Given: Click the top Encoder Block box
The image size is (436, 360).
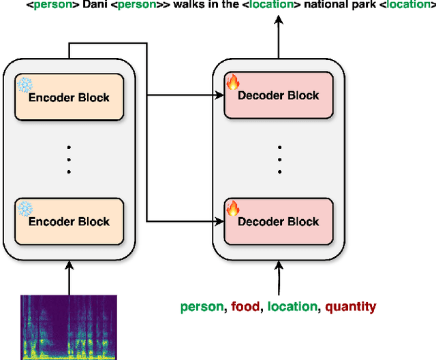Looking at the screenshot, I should point(68,97).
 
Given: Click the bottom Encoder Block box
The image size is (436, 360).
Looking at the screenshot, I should point(68,221).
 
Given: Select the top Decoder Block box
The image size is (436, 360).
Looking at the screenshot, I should point(278,96).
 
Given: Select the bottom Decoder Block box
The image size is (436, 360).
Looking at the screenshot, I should point(278,221).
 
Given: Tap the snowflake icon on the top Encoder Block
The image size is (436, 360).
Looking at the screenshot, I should point(25,84).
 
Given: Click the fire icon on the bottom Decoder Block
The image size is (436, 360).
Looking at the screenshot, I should point(233,208).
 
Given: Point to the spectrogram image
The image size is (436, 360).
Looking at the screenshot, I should point(68,327).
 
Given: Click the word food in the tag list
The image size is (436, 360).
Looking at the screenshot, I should point(245,307).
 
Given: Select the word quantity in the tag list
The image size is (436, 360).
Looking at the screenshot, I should point(349,307).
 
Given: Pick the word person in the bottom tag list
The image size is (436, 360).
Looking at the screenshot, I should point(202,307).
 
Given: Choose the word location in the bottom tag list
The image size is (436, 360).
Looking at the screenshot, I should point(292,307).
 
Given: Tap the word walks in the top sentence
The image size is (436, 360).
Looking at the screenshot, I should point(182,7).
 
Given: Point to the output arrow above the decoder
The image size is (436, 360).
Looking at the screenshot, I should point(278,37).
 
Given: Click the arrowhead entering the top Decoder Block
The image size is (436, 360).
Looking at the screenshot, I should point(219,96).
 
